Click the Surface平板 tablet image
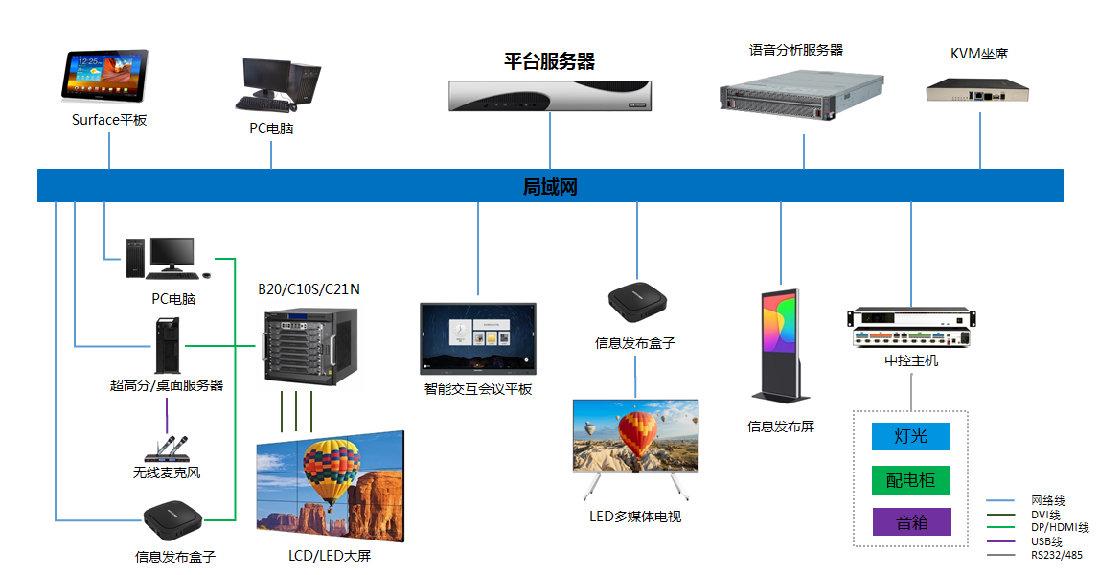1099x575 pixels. (x=105, y=76)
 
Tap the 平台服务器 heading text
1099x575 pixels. (x=550, y=62)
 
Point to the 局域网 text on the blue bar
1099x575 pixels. (x=550, y=187)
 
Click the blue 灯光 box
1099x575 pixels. (x=910, y=436)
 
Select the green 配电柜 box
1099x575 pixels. (x=910, y=479)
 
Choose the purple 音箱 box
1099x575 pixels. (x=911, y=522)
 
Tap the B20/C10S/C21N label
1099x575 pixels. (x=309, y=288)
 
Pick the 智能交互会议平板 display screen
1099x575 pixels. (x=478, y=338)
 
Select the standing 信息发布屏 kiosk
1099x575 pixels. (x=781, y=346)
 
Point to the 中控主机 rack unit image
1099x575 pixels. (x=910, y=329)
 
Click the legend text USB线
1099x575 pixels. (x=1046, y=541)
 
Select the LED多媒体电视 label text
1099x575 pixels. (x=634, y=517)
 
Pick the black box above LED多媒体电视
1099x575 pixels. (x=635, y=300)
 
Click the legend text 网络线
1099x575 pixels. (x=1047, y=500)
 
